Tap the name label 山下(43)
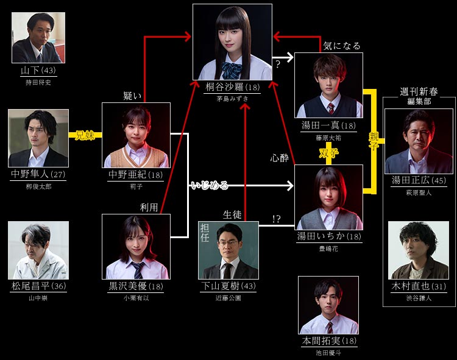38,71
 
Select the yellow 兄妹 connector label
85,135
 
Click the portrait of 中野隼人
38,138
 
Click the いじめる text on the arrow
209,184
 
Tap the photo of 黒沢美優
136,246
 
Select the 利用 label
149,208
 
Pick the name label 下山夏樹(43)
228,286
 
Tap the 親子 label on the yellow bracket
373,141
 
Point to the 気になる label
341,46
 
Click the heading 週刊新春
419,91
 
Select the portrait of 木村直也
419,250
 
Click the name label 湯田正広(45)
419,180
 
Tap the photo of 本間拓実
328,305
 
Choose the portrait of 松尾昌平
38,250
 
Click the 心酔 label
279,158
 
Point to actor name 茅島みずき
232,98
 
